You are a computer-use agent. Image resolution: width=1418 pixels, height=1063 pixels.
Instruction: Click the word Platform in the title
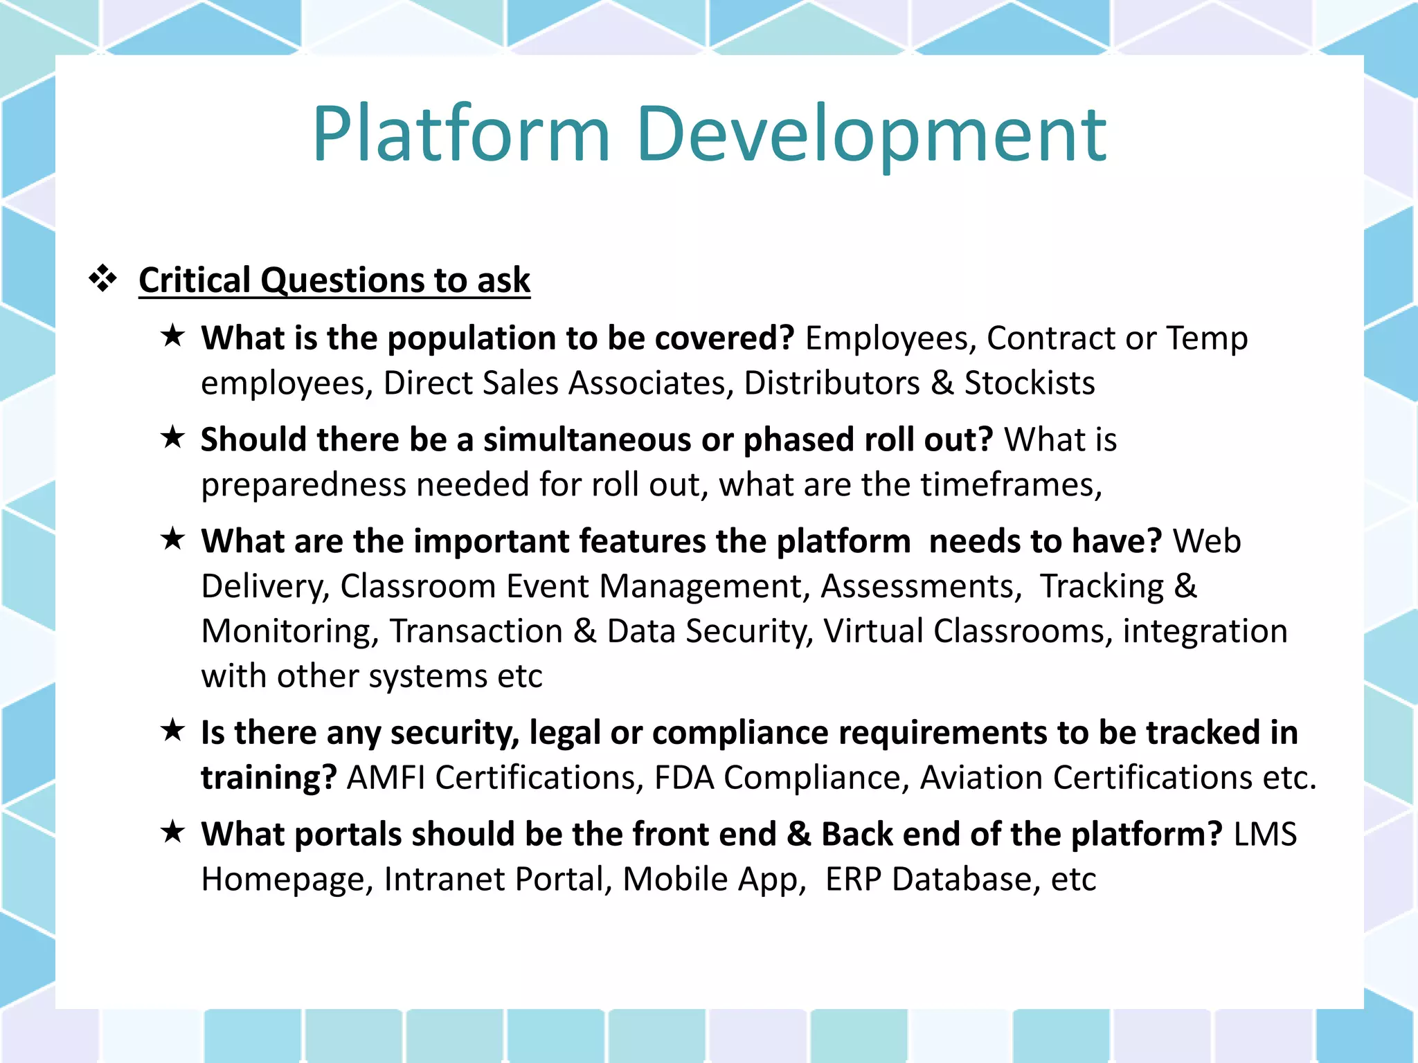click(460, 135)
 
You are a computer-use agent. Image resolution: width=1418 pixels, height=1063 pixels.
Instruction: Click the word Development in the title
click(871, 135)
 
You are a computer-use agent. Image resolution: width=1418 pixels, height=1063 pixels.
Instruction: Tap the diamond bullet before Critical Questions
click(103, 279)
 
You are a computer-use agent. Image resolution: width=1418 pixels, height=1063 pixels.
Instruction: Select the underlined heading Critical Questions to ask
click(334, 280)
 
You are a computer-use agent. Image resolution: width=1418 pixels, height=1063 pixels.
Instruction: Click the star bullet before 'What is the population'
click(172, 336)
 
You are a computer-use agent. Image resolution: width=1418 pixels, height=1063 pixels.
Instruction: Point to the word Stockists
click(1030, 383)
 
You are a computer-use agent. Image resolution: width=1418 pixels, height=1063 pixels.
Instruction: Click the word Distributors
click(832, 383)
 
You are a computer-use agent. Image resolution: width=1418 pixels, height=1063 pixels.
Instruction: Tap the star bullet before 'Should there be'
click(172, 437)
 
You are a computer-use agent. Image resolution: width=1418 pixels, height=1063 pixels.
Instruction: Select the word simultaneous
click(587, 440)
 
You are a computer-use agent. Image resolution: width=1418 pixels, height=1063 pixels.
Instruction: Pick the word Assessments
click(921, 587)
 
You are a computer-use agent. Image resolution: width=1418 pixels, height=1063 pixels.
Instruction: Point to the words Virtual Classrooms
click(967, 632)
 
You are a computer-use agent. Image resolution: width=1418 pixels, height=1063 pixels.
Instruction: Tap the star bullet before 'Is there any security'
click(172, 730)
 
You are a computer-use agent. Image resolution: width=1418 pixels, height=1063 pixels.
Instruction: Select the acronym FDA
click(684, 778)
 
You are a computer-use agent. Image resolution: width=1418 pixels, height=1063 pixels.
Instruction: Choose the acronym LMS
click(1265, 835)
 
